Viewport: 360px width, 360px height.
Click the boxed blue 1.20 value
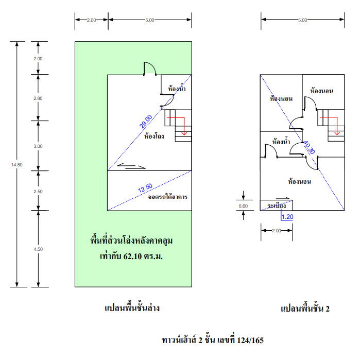287,217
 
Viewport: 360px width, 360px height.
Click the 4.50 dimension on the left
38,249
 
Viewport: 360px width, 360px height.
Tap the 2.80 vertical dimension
38,98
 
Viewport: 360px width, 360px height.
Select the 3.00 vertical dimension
38,146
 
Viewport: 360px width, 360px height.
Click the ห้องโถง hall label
155,136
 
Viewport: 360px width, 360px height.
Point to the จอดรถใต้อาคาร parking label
167,197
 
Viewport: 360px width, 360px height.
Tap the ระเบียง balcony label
277,206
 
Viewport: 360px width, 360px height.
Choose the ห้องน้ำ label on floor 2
281,142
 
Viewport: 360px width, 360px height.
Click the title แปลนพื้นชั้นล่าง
131,308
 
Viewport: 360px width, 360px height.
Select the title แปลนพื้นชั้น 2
304,308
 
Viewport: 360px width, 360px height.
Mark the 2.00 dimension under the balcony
277,231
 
